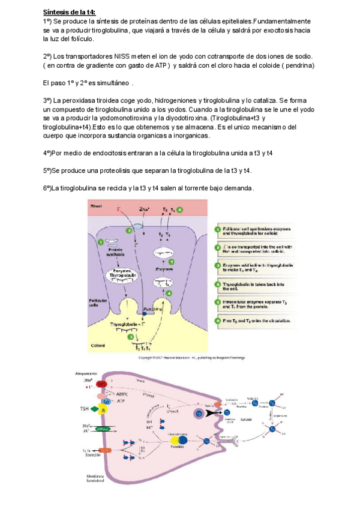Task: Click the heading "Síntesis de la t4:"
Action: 69,12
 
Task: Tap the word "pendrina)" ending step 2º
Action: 296,65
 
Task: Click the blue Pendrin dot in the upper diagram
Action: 145,313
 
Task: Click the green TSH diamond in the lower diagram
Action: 95,409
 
